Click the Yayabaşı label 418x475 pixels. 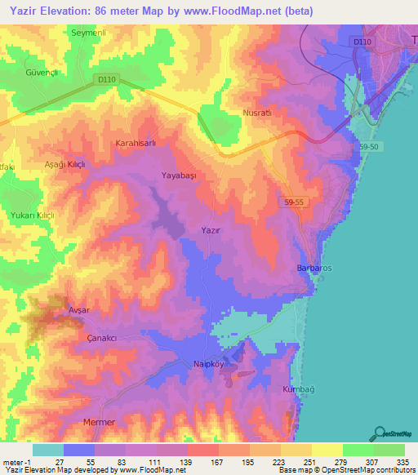click(x=179, y=175)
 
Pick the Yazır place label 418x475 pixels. click(x=211, y=231)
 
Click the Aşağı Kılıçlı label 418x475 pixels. click(x=64, y=164)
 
